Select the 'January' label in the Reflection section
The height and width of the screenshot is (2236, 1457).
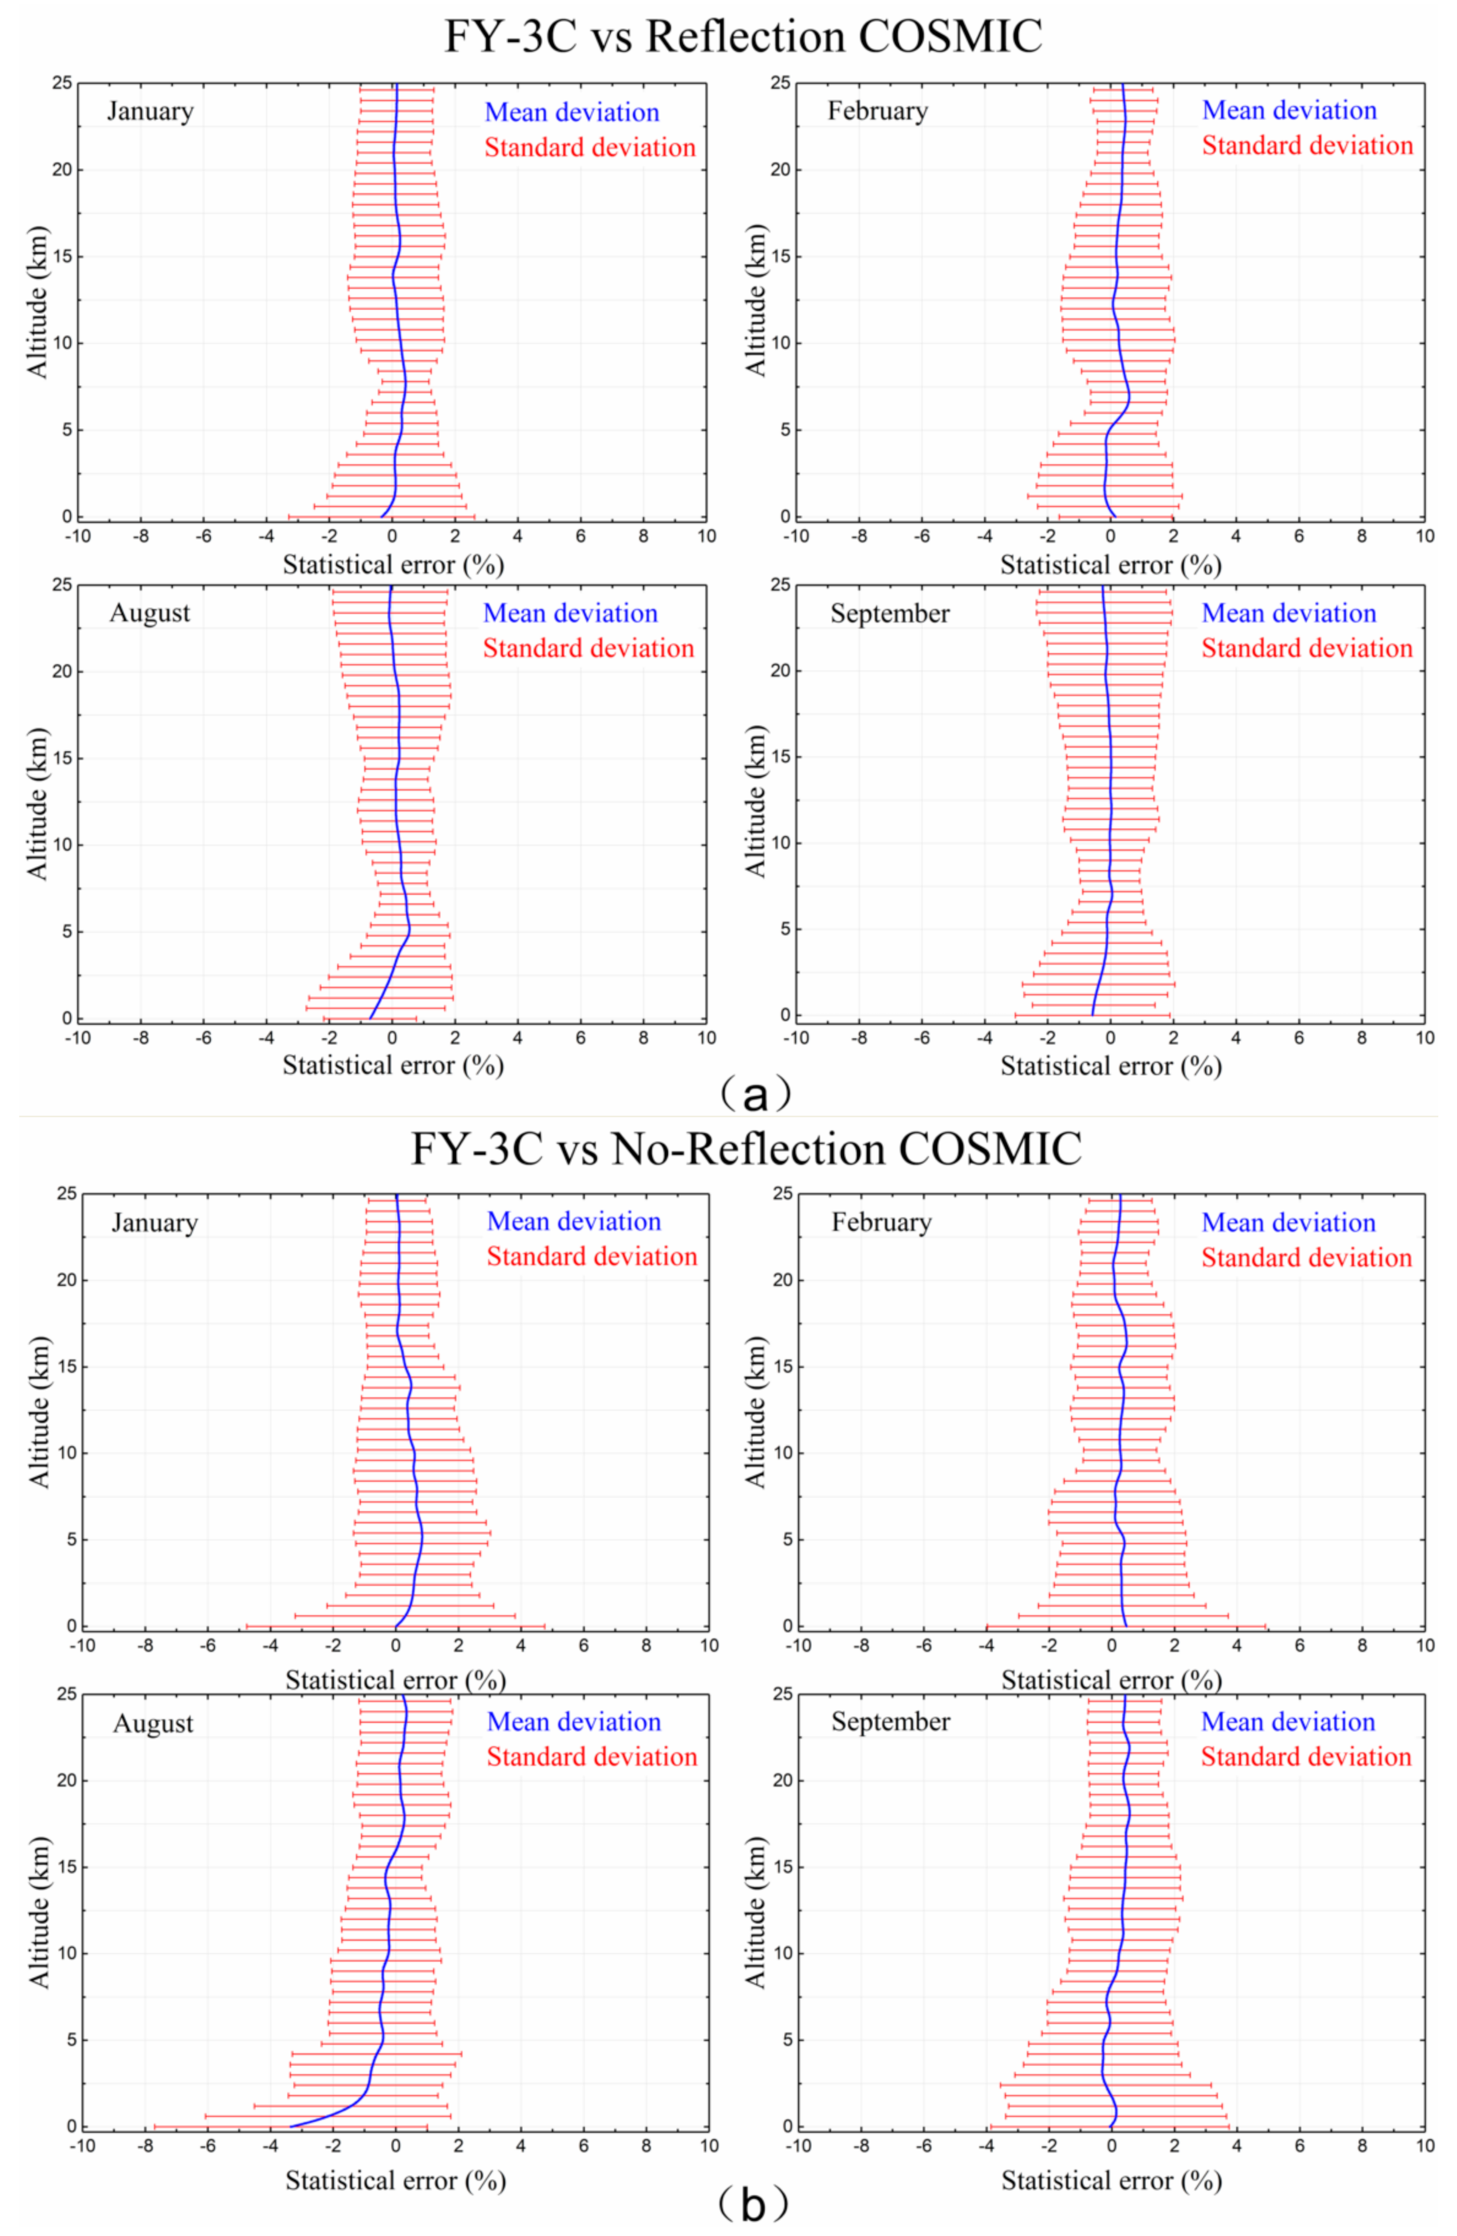(151, 112)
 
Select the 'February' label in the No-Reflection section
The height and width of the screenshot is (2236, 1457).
(881, 1222)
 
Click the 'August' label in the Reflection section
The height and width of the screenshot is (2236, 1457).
(151, 613)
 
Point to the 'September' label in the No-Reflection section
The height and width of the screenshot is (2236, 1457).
(891, 1722)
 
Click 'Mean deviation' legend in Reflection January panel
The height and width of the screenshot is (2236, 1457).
(572, 113)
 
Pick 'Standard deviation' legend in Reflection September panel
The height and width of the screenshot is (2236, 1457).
(1306, 648)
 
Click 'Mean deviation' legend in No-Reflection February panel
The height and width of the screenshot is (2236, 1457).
(1289, 1222)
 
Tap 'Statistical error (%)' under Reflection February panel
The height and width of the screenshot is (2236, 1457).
(1111, 565)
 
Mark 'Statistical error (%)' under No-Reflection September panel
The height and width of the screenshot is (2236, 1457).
(1111, 2181)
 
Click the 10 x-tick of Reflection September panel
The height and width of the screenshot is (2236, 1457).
(1424, 1038)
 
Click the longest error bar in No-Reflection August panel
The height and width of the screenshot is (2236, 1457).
(291, 2126)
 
